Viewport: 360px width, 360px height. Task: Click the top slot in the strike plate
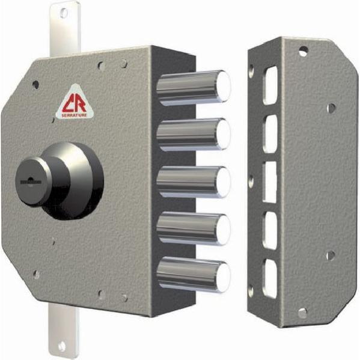(270, 84)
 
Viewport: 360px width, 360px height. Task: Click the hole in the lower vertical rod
(61, 346)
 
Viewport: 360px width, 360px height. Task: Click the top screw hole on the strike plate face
(304, 50)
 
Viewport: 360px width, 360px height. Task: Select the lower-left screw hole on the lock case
(35, 274)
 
